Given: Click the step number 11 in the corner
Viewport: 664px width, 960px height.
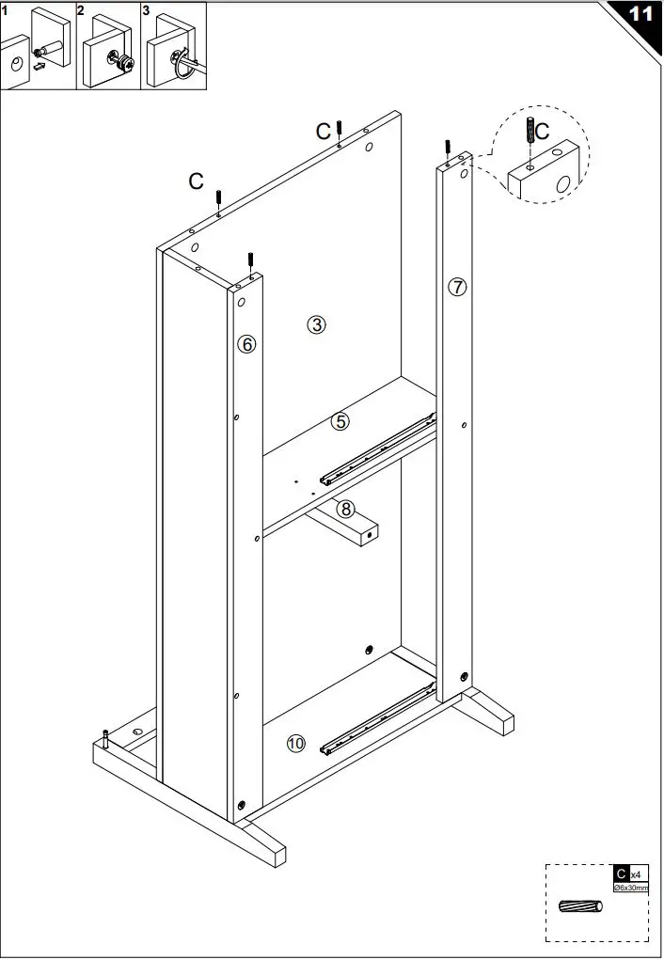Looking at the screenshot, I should click(640, 14).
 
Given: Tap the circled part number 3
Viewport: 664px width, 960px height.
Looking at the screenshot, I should click(317, 325).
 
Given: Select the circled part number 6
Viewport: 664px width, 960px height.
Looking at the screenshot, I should click(246, 344).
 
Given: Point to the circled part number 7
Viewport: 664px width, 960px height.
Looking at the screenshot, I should click(457, 287).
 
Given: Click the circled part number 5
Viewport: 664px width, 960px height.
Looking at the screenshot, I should click(340, 422).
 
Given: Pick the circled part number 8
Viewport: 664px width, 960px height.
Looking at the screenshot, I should click(346, 509).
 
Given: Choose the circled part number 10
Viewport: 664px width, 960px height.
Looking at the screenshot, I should click(295, 744).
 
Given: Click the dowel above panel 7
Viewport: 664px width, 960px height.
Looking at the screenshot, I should click(449, 149).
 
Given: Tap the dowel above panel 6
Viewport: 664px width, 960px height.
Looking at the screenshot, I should click(251, 260).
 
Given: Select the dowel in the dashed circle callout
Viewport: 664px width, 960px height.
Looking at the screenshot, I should click(531, 131).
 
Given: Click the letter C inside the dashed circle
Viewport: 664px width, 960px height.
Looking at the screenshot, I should click(543, 133).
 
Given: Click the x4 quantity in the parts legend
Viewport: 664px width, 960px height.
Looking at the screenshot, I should click(637, 874).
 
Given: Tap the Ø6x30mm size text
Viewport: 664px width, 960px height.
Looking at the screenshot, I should click(630, 888).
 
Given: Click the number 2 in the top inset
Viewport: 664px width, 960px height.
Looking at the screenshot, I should click(81, 10).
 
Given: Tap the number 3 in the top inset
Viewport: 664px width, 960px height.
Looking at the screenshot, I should click(146, 10).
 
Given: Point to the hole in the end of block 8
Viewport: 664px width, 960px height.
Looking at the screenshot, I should click(370, 532).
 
